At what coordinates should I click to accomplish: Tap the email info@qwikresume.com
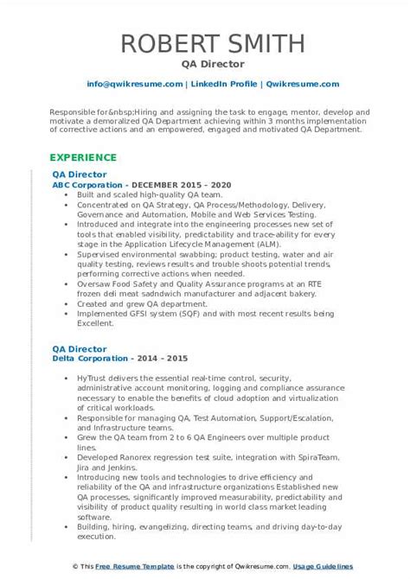coord(134,84)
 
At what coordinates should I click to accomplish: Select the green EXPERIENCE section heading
coord(83,157)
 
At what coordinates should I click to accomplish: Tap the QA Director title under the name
coord(205,64)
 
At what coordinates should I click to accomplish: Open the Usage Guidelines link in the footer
coord(337,566)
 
